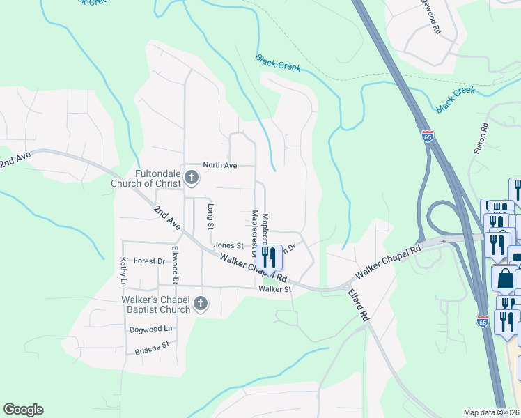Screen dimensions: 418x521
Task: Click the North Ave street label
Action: [x=220, y=165]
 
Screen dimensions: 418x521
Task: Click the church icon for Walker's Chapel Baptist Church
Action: [x=201, y=304]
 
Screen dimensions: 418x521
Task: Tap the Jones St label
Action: [x=228, y=245]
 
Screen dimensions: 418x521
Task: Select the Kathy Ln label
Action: [x=123, y=272]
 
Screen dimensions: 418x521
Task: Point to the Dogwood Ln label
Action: [x=150, y=329]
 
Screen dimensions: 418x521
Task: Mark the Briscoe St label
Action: [x=151, y=345]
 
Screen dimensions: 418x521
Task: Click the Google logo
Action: [x=23, y=410]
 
